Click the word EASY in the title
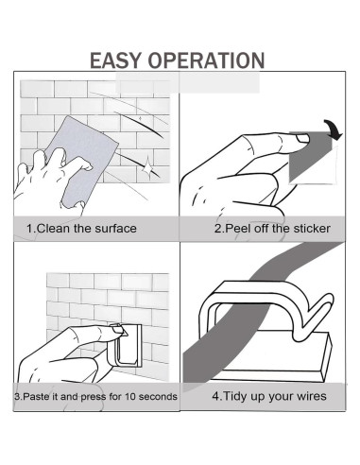pos(115,60)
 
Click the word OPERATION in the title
pos(207,60)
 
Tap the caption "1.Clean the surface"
pos(81,229)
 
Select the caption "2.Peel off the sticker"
pos(272,229)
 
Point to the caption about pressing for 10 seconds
pos(95,396)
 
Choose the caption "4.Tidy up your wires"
pos(269,396)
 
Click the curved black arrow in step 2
pos(334,129)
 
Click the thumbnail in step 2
pos(302,139)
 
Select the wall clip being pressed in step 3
pos(125,347)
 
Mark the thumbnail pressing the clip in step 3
pos(118,330)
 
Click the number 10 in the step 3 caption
pos(130,396)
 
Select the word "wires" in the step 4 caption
pos(311,396)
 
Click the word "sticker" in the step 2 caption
pos(312,229)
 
